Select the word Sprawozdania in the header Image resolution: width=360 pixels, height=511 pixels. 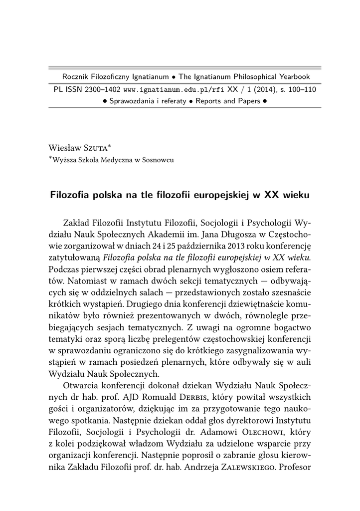coord(132,101)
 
